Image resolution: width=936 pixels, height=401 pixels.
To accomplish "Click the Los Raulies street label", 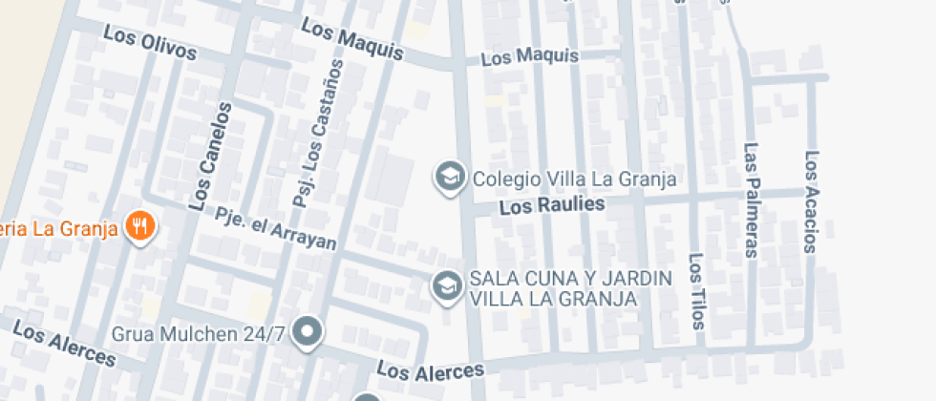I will pos(552,204).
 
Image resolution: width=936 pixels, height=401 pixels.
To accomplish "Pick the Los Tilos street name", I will pos(698,291).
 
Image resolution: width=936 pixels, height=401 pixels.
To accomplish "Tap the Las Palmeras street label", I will pos(752,200).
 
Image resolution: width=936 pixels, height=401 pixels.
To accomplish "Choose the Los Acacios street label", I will pos(812,201).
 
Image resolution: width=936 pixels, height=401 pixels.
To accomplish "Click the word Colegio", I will pos(506,179).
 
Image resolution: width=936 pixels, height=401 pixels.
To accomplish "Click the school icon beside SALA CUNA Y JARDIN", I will pos(446,285).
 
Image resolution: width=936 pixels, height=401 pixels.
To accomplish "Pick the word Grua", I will pos(133,334).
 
